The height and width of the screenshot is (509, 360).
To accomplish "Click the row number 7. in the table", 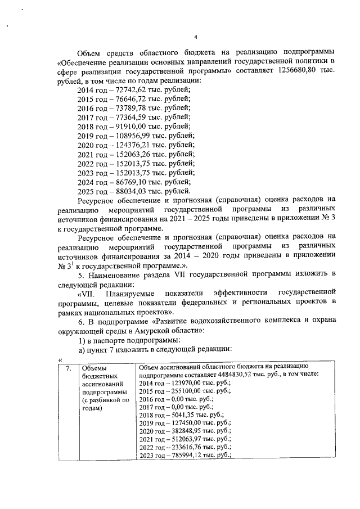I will point(67,368).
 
